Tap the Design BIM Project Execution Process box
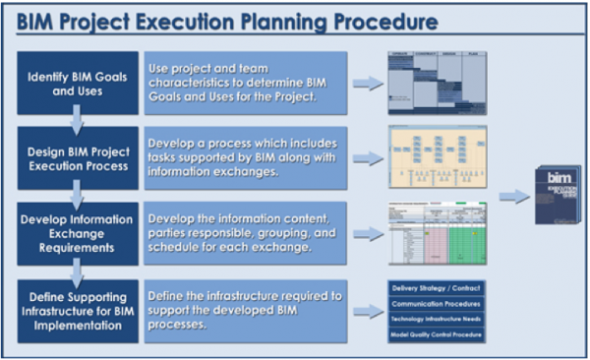click(x=75, y=157)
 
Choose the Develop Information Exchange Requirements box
click(x=75, y=234)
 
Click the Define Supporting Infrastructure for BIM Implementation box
click(x=75, y=310)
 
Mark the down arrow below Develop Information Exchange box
click(x=75, y=272)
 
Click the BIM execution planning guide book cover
click(x=558, y=197)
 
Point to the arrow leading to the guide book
click(x=512, y=197)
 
